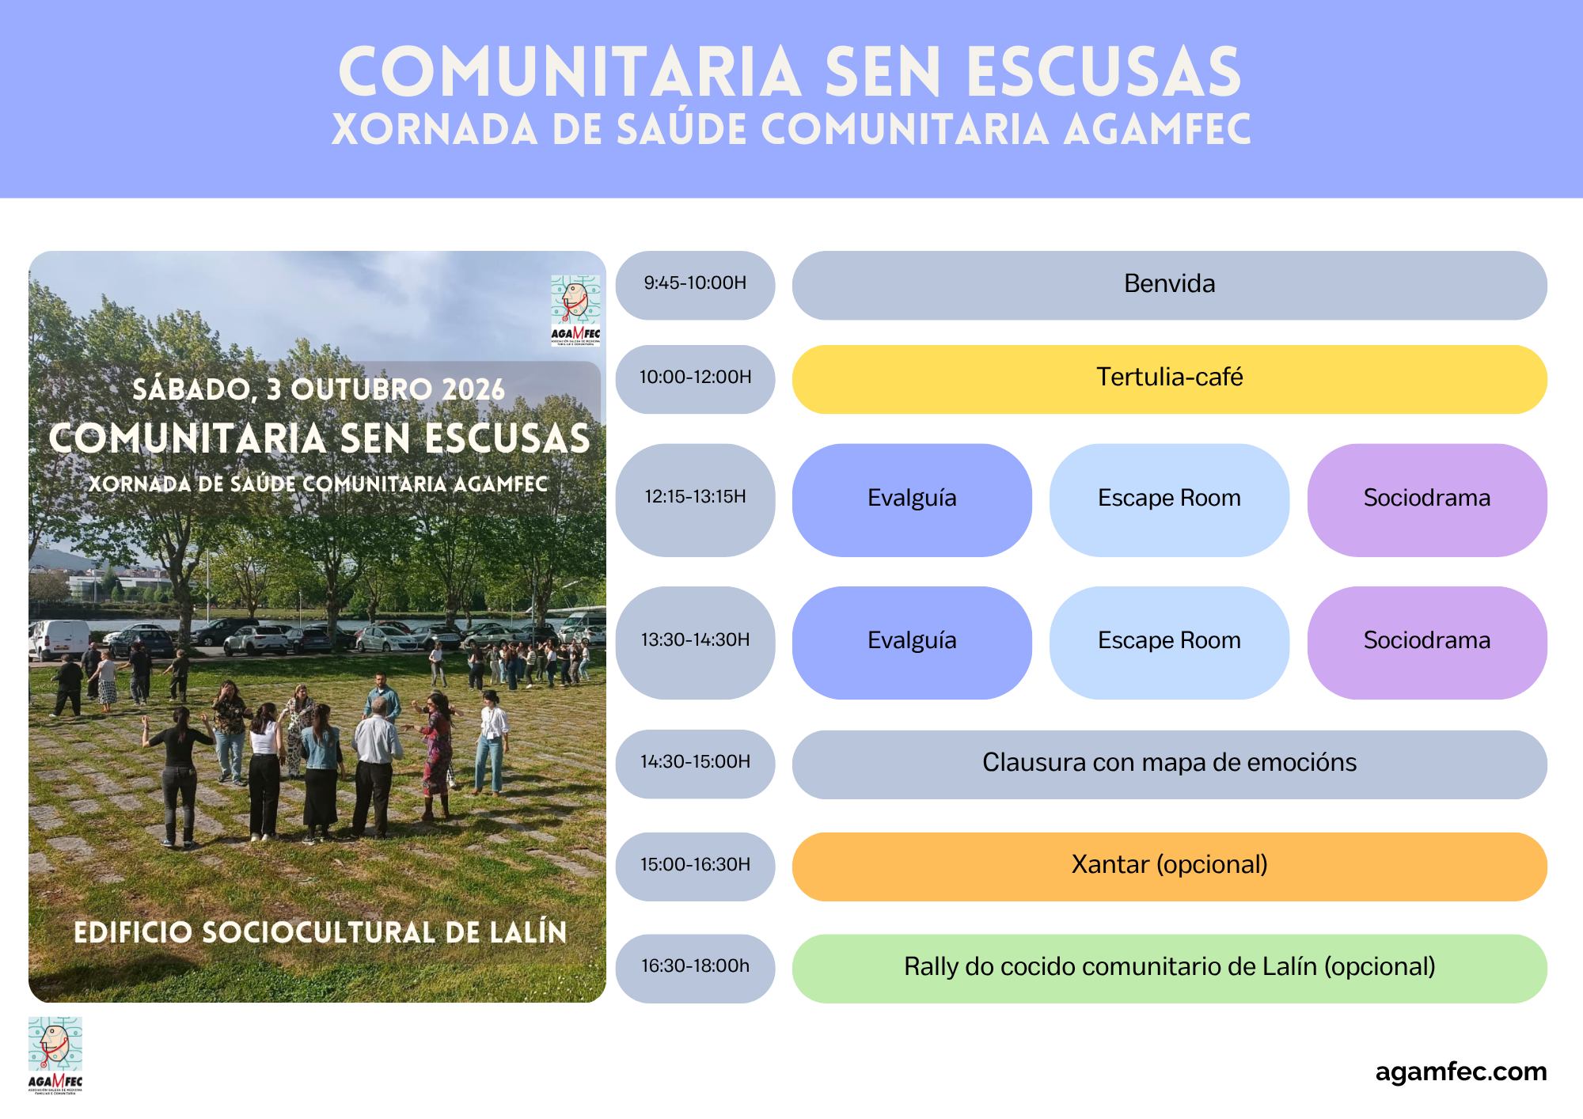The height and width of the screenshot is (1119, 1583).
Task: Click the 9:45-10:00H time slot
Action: [x=695, y=285]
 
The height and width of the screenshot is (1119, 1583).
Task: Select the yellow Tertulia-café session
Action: [x=1169, y=379]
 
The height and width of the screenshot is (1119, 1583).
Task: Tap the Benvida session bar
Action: [x=1169, y=285]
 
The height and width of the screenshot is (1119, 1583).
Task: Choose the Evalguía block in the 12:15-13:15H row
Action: [x=912, y=500]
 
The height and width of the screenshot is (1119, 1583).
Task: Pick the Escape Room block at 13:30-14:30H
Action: [x=1169, y=643]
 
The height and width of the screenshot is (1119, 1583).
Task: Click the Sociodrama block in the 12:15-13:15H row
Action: [x=1427, y=500]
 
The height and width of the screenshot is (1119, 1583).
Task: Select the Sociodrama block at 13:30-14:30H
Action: [x=1427, y=643]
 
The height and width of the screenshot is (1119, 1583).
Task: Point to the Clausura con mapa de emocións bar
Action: [x=1169, y=764]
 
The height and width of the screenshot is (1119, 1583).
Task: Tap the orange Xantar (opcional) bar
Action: [x=1169, y=867]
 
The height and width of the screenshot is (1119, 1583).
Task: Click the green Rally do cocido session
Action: [x=1169, y=969]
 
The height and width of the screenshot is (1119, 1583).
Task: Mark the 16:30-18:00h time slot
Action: [x=695, y=969]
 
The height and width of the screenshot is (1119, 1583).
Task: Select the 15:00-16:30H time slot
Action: [x=695, y=867]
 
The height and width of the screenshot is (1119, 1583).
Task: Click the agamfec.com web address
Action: [x=1461, y=1072]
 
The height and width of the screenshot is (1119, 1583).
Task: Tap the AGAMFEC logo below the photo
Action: [x=55, y=1055]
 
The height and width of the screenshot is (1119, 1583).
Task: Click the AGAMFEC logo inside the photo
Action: [x=575, y=310]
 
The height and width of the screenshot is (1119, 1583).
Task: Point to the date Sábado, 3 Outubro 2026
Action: [x=318, y=389]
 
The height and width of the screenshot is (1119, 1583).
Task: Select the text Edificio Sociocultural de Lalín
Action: [x=321, y=932]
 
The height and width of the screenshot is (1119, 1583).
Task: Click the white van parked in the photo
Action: [x=59, y=639]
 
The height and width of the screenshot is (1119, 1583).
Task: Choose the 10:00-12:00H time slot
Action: [x=695, y=379]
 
